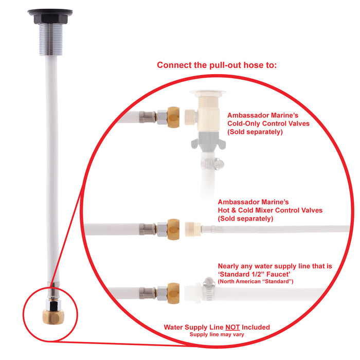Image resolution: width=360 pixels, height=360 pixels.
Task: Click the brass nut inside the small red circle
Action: pos(50,315)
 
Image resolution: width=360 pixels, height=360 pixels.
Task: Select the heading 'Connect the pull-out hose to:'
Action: pos(217,65)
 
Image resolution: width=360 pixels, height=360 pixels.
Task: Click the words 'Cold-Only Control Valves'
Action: pos(268,124)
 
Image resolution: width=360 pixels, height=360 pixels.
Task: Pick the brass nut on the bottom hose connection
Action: pos(173,293)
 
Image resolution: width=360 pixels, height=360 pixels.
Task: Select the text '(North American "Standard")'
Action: pos(259,281)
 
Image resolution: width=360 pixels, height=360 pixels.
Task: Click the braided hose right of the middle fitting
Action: pos(278,227)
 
